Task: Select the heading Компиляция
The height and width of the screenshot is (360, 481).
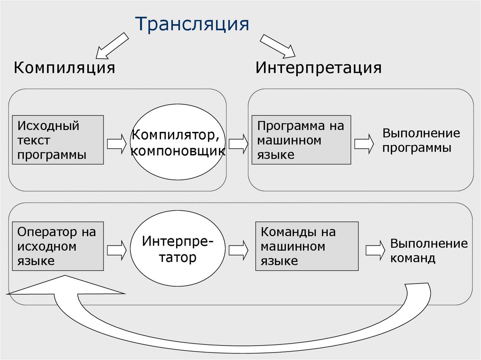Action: pyautogui.click(x=64, y=68)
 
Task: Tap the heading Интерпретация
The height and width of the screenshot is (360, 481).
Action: pyautogui.click(x=318, y=68)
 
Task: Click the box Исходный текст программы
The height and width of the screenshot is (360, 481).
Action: pyautogui.click(x=58, y=140)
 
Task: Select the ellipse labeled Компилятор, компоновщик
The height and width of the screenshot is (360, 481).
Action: pyautogui.click(x=178, y=143)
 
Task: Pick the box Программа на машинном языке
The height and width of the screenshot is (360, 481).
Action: pyautogui.click(x=301, y=140)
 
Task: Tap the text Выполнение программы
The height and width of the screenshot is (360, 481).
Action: pyautogui.click(x=420, y=140)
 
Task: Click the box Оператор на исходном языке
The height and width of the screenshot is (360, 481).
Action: pyautogui.click(x=58, y=246)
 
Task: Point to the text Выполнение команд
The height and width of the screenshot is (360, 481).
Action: pyautogui.click(x=428, y=251)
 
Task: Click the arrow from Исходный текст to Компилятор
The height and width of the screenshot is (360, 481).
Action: pyautogui.click(x=116, y=143)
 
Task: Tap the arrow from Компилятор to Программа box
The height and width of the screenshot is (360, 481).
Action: pyautogui.click(x=238, y=143)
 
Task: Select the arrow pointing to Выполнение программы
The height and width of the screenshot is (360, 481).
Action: pyautogui.click(x=364, y=143)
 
